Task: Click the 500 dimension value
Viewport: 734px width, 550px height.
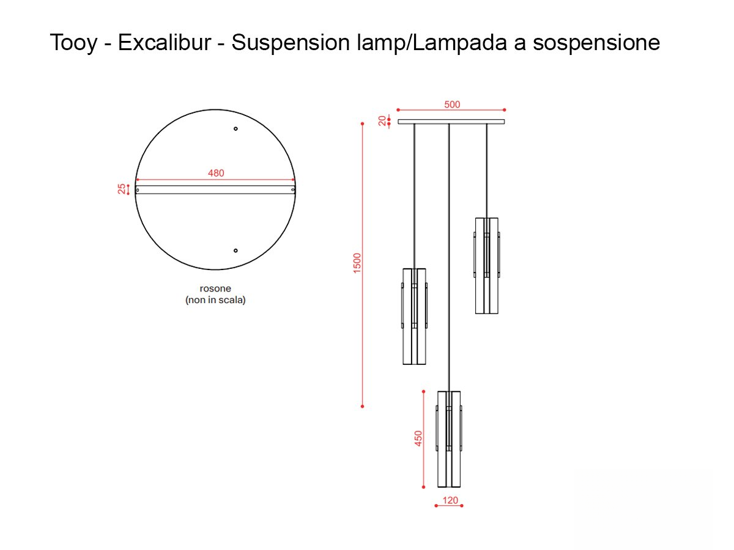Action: click(451, 105)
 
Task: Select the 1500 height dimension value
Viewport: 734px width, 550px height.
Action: click(357, 263)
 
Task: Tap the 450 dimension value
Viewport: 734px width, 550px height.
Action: click(418, 438)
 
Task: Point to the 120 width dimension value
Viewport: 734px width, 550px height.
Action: click(450, 501)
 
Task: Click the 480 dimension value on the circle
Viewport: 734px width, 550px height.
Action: click(216, 173)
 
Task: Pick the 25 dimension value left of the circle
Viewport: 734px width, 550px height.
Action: click(122, 189)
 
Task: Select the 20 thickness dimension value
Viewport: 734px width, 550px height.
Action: click(383, 121)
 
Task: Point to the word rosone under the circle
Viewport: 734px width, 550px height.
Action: click(215, 288)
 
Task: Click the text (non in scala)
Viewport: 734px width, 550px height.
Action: click(215, 300)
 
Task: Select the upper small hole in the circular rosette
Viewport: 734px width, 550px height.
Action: click(236, 129)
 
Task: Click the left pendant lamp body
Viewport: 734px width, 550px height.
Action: click(414, 316)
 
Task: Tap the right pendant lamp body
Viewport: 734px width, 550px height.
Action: click(487, 265)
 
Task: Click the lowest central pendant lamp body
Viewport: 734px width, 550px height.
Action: click(449, 438)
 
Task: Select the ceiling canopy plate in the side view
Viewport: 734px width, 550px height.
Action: click(451, 122)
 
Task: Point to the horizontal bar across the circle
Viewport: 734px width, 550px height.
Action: click(215, 190)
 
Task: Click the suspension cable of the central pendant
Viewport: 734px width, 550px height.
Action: click(450, 257)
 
